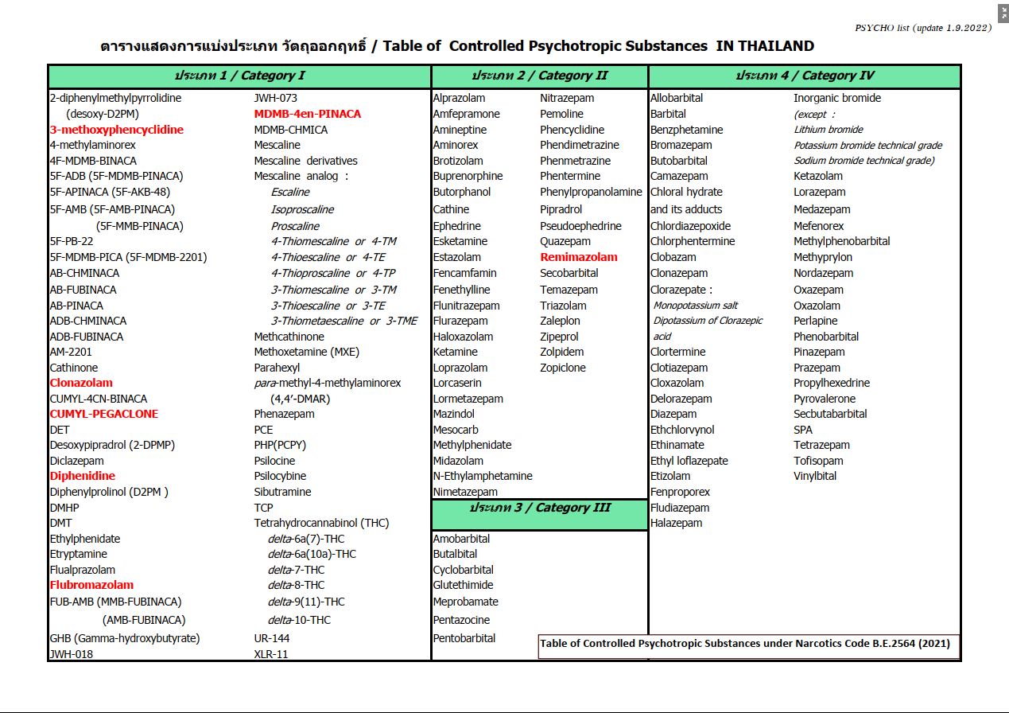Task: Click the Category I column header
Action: coord(239,76)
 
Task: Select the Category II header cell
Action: coord(539,76)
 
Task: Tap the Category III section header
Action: coord(539,508)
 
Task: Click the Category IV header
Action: coord(804,76)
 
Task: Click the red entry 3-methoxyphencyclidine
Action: coord(116,130)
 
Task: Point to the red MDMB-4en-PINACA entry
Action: coord(307,114)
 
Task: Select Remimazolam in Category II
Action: coord(578,257)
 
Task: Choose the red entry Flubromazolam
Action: coord(91,585)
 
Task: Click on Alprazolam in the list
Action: coord(459,99)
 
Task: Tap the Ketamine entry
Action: coord(455,352)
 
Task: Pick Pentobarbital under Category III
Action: coord(464,638)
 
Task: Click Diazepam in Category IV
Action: coord(673,414)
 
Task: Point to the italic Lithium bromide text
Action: coord(828,130)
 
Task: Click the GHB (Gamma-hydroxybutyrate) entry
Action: coord(125,638)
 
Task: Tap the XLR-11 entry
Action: coord(270,654)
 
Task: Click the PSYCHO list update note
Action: coord(922,28)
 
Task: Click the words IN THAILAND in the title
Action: coord(764,46)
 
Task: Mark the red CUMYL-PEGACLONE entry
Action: coord(103,414)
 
